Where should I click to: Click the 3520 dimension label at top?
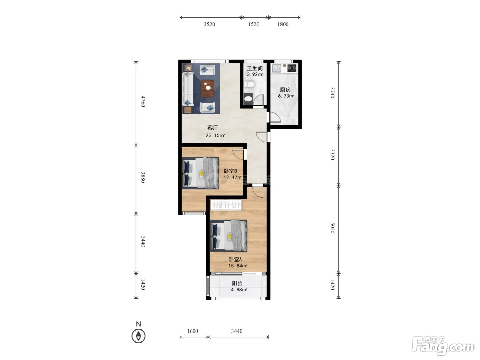coord(209,24)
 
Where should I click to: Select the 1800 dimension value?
coord(283,24)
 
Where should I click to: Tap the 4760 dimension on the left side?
coord(143,101)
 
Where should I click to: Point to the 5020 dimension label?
coord(332,228)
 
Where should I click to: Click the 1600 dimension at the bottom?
coord(193,331)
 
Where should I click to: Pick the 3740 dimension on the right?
coord(332,93)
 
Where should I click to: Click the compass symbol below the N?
coord(139,336)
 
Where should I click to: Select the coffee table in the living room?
coord(207,88)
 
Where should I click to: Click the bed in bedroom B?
coord(201,173)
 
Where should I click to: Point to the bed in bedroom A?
coord(229,236)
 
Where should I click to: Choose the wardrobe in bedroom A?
coord(226,205)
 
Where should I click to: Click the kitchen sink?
coord(277,69)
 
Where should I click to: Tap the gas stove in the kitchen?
coord(292,68)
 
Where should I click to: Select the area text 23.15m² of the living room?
coord(215,135)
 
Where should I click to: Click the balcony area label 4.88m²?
coord(239,290)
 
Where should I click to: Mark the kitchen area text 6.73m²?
coord(286,96)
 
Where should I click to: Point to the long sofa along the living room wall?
coord(188,89)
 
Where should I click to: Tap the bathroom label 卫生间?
coord(254,69)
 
